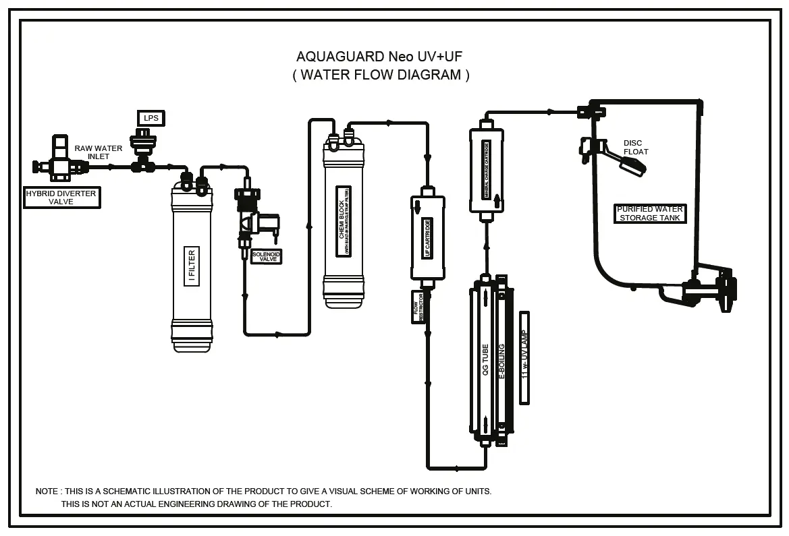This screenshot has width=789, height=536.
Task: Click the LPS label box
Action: point(151,119)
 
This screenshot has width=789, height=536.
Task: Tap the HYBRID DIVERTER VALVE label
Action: point(61,198)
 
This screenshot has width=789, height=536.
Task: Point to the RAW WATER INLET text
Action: point(99,152)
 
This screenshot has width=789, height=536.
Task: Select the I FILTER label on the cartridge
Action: point(192,266)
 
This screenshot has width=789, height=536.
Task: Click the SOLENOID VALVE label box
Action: point(266,256)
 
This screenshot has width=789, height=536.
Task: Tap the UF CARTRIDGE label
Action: point(427,237)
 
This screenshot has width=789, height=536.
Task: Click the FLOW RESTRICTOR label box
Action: point(417,307)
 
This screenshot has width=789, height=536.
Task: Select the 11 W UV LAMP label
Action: point(524,357)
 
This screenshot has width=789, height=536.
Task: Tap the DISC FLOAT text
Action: point(634,147)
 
